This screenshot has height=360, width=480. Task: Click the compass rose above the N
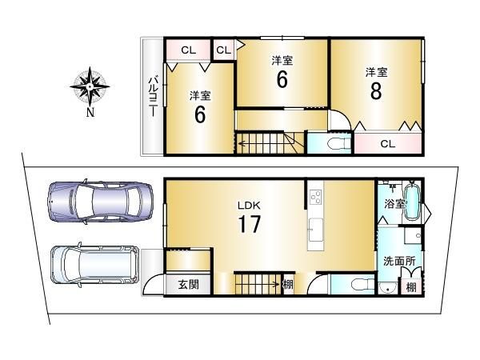coord(90,86)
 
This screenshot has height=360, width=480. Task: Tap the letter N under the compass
coord(90,113)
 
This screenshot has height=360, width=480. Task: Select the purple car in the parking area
coord(100,202)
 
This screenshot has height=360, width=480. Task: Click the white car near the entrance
coord(95,265)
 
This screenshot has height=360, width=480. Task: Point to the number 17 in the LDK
coord(249,224)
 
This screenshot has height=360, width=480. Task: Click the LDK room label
coord(249,206)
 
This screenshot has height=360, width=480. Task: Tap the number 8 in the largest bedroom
coord(376,91)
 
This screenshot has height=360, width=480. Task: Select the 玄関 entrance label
coord(188,285)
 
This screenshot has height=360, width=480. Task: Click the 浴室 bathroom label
coord(394,204)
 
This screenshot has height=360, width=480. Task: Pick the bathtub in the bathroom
coord(412,201)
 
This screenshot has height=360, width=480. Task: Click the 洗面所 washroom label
coord(399,261)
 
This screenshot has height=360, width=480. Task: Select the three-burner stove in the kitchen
coord(316,197)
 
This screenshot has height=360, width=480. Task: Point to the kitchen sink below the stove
coord(316,230)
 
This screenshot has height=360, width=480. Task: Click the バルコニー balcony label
coord(154,97)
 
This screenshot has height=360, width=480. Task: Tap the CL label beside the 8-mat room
coord(388,143)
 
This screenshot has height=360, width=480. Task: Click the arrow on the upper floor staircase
coord(260,143)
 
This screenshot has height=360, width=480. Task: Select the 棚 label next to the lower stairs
coord(288,285)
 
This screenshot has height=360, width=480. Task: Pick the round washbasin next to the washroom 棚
coord(387,288)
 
